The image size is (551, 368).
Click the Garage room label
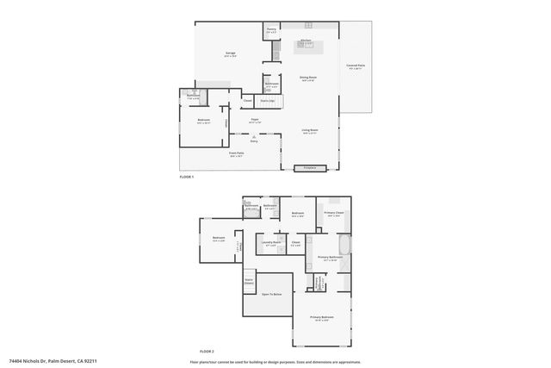coord(231,53)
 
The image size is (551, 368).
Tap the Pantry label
coord(270,30)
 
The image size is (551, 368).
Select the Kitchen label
coord(306,41)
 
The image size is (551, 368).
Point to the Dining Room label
coord(307,78)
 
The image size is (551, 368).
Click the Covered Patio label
coord(356,65)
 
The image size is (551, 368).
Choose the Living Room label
coord(309,131)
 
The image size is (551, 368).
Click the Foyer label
coord(255,120)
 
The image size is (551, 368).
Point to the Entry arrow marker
coord(254,137)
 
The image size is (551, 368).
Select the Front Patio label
coord(237,154)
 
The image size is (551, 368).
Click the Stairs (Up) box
coord(267,101)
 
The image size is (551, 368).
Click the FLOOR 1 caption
coord(187,177)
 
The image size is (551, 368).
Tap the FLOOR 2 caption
coord(207,351)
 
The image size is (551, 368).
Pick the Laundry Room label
coord(271,243)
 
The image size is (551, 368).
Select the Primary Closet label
coord(335,213)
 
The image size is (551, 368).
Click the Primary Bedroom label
coord(322,317)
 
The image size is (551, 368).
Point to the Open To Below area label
coord(273,294)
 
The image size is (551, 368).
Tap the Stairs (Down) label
coord(249,280)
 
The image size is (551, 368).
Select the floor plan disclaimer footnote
coord(275,361)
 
